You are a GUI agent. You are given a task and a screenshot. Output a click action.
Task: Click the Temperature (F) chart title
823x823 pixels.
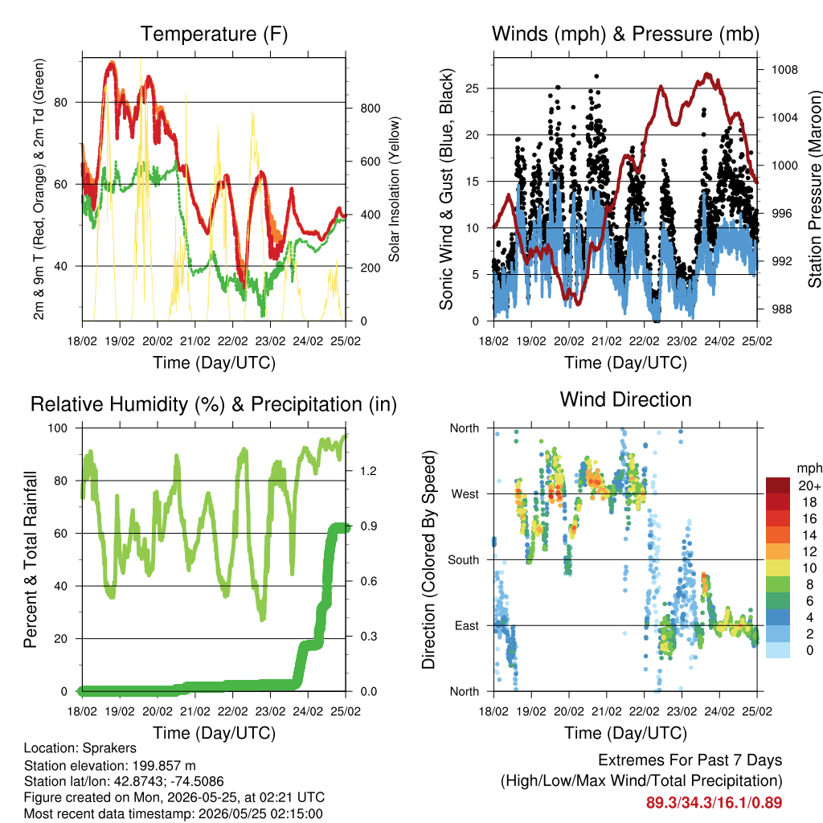214,34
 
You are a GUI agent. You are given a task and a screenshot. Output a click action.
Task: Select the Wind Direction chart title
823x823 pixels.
625,399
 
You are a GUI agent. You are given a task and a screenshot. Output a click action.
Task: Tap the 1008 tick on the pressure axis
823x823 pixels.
784,70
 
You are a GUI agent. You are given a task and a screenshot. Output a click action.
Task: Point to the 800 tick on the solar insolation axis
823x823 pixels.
371,109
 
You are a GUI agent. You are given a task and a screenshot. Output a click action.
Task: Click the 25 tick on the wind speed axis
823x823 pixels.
472,88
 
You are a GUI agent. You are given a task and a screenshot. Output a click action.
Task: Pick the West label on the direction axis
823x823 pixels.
465,494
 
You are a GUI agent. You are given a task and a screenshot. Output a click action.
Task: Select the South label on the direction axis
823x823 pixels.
464,560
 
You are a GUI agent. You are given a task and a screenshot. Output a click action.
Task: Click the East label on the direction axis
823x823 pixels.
467,625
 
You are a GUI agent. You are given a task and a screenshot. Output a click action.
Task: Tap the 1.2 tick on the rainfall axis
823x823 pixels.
368,471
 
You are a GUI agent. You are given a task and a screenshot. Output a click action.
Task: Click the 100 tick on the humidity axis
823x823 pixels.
58,428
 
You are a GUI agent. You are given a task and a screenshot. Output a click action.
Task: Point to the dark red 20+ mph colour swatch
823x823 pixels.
777,485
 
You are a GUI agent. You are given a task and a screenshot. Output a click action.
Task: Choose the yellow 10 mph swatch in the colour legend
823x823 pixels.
777,568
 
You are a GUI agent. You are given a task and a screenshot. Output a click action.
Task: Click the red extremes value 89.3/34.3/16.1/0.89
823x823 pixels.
714,803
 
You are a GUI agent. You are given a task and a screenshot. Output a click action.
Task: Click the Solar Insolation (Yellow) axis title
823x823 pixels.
394,189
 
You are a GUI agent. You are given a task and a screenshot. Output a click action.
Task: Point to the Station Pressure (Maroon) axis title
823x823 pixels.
814,190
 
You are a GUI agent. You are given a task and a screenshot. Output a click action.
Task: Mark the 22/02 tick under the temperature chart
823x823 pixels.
232,341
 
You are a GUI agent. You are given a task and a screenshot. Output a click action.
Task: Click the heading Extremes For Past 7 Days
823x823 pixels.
690,760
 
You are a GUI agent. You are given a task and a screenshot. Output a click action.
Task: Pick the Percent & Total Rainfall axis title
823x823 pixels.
31,559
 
